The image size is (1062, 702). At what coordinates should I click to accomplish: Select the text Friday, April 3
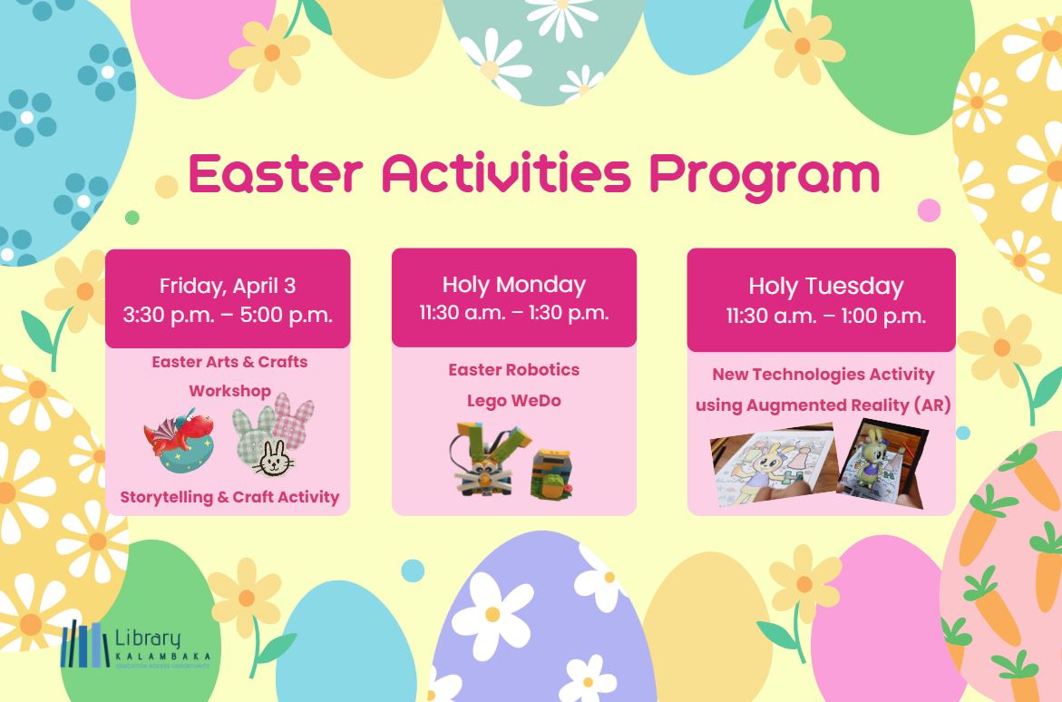tap(228, 286)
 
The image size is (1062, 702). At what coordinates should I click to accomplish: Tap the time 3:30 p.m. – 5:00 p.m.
tap(228, 316)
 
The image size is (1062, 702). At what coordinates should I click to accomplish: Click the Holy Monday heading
tap(513, 284)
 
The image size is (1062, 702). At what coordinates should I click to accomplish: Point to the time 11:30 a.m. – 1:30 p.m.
tap(513, 314)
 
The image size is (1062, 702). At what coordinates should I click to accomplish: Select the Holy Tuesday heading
tap(825, 287)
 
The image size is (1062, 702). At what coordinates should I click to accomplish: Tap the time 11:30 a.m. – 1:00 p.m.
tap(825, 317)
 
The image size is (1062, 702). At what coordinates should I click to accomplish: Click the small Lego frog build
tap(552, 473)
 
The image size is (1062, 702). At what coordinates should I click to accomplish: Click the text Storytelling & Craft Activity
tap(229, 497)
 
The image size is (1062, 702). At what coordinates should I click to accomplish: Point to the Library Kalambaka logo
tap(136, 646)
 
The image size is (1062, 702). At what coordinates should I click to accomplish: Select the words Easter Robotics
tap(513, 370)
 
